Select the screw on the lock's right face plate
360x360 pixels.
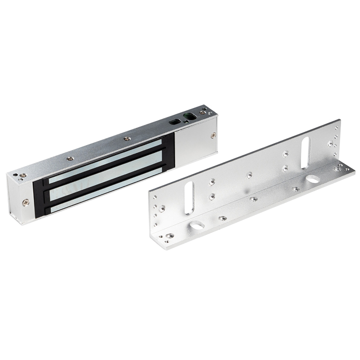point(213,135)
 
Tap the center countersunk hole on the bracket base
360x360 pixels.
point(253,198)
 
